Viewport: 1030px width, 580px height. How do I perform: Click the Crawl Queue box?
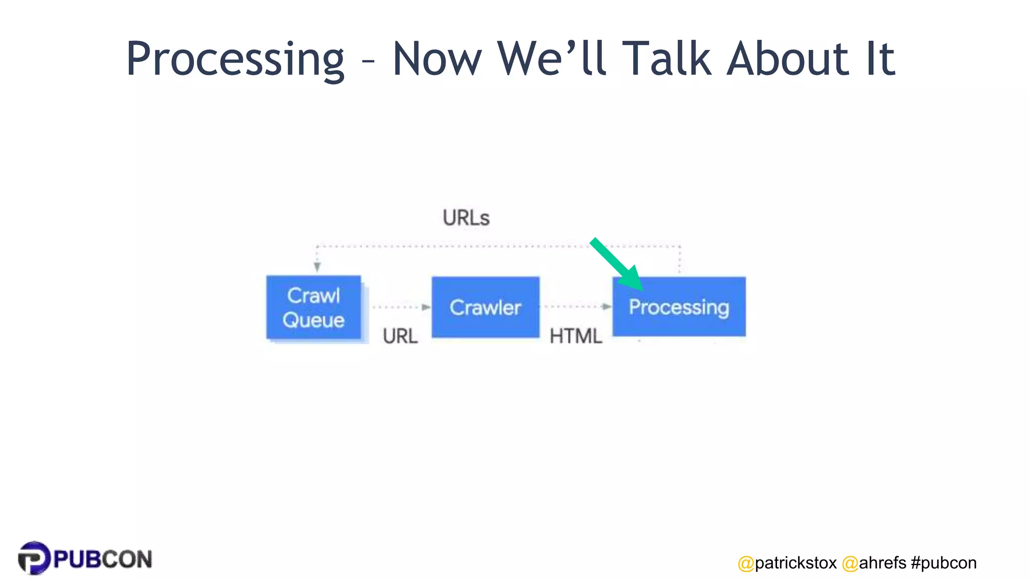click(313, 308)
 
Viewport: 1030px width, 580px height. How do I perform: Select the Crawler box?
click(485, 307)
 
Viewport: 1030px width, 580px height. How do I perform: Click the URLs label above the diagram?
click(466, 218)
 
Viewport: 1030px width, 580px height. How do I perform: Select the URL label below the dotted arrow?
click(400, 336)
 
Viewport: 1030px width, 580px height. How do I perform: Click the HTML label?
click(575, 336)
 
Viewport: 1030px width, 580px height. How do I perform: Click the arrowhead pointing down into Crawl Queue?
click(317, 267)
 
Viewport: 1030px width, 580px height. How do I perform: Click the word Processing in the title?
click(235, 59)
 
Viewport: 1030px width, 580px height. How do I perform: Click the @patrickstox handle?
click(787, 563)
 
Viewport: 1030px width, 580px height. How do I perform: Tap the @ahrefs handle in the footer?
click(874, 563)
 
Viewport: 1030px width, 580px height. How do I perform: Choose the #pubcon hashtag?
click(943, 563)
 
